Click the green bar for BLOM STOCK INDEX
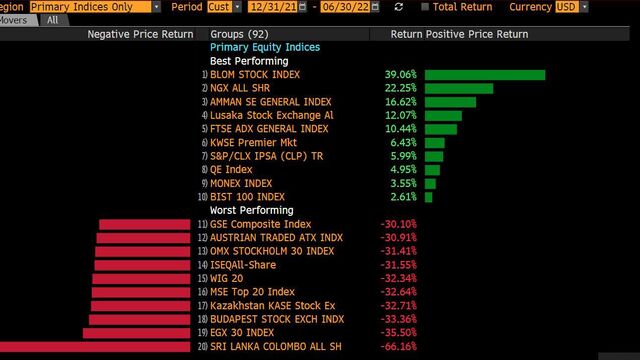tap(485, 75)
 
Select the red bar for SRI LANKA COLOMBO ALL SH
tap(95, 347)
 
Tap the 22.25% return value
tap(400, 88)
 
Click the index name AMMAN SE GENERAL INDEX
tap(271, 102)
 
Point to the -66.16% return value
tap(398, 347)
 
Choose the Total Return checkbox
tap(425, 7)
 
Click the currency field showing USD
tap(567, 7)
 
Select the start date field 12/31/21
tap(273, 7)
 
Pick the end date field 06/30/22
tap(345, 7)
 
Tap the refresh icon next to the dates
tap(399, 7)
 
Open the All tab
tap(53, 20)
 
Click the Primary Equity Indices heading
tap(265, 47)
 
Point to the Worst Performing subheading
tap(251, 211)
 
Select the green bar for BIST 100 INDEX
tap(429, 197)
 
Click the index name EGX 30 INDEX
tap(242, 333)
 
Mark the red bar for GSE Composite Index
tap(144, 224)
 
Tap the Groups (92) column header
tap(239, 34)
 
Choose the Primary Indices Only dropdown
tap(90, 7)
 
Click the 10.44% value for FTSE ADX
tap(400, 129)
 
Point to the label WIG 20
tap(227, 279)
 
